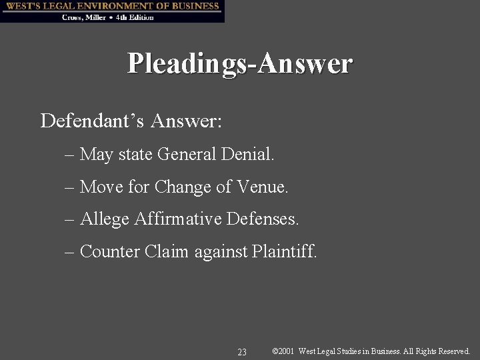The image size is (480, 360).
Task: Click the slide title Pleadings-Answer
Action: click(240, 64)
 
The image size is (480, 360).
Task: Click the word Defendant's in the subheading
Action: click(92, 121)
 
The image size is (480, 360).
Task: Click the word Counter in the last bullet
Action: click(108, 251)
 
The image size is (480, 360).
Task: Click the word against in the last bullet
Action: click(221, 252)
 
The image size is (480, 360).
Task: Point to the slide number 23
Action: click(242, 351)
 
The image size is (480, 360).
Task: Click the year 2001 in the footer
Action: click(287, 351)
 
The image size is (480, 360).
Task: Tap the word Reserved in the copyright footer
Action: click(452, 351)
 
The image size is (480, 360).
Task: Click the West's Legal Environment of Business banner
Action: click(112, 6)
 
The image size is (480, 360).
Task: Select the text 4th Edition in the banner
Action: click(135, 17)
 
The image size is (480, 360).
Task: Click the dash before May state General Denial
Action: click(70, 156)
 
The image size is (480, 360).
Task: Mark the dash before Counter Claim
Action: click(70, 252)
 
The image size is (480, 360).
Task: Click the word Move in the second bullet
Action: click(101, 187)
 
